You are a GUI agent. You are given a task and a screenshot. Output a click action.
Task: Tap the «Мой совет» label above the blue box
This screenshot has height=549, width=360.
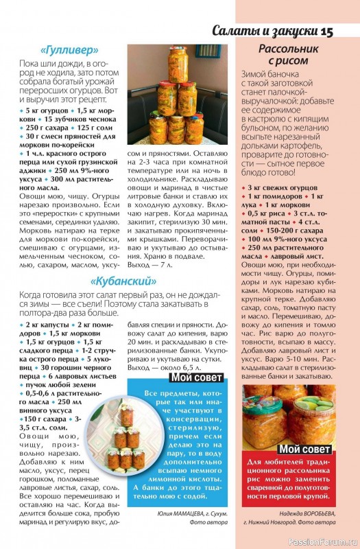[195, 377]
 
